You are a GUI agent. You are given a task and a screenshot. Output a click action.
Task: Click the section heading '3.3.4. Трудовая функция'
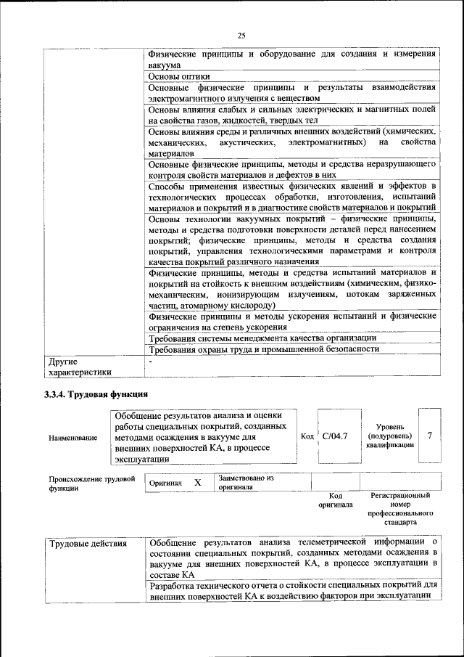tap(96, 394)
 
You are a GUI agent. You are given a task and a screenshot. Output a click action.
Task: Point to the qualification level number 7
tap(431, 436)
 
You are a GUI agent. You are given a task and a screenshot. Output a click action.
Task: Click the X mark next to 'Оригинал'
tap(197, 482)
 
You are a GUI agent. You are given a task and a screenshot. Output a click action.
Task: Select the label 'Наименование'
tap(73, 438)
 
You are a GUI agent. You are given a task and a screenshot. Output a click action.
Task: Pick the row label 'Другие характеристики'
tap(80, 366)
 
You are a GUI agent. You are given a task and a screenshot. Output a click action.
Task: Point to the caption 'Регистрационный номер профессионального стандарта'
tap(400, 508)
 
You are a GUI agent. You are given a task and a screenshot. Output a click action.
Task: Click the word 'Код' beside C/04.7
tap(307, 436)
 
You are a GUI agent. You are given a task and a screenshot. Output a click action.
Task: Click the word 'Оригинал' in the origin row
tap(165, 483)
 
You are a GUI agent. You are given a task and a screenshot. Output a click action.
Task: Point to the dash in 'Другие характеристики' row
tap(151, 360)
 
